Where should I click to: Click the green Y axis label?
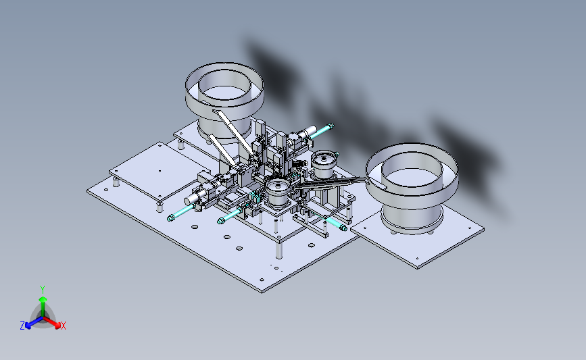point(42,290)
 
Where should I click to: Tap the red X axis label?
point(63,326)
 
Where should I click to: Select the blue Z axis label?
point(22,326)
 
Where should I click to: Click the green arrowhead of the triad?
point(43,299)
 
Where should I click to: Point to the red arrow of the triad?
point(52,322)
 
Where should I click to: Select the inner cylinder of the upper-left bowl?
point(224,89)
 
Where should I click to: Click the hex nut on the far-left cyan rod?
point(170,217)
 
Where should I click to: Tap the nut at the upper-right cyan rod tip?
point(331,126)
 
